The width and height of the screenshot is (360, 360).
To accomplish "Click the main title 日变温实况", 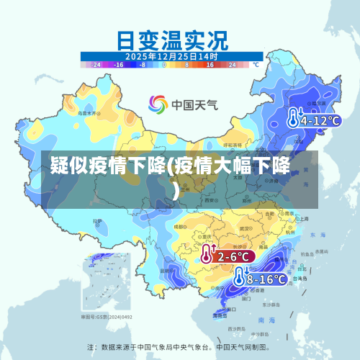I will (x=171, y=37).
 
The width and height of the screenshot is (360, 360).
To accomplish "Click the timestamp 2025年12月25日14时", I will (x=171, y=55).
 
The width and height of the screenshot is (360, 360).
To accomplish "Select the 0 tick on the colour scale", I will (x=164, y=65).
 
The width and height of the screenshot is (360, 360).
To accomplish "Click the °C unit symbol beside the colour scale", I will (x=254, y=64).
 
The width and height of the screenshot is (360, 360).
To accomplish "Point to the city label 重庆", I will (x=207, y=235).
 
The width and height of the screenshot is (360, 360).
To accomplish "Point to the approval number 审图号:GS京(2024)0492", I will (x=106, y=316).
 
